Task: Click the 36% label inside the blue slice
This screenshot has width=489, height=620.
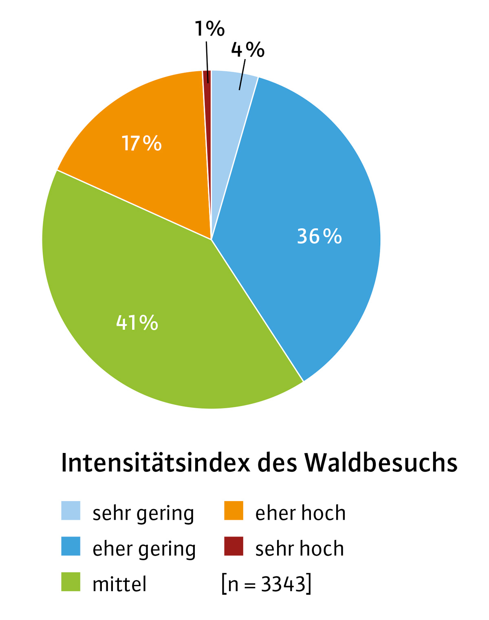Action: click(x=319, y=236)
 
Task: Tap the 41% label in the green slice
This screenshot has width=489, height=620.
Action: click(x=137, y=323)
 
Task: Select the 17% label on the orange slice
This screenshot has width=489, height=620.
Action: click(x=141, y=143)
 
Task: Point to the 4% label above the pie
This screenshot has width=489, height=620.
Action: click(x=248, y=50)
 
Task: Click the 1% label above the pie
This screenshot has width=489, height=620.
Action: click(x=209, y=29)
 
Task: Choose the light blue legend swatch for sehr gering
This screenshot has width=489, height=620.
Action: click(x=70, y=511)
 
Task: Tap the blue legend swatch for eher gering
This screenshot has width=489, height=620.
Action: click(x=70, y=546)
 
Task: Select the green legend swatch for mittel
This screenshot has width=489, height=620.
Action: click(x=70, y=582)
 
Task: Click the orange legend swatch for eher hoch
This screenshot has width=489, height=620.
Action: click(x=233, y=511)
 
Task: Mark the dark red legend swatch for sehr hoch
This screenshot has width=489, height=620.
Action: click(x=233, y=546)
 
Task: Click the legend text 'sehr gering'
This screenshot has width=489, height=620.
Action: click(x=143, y=513)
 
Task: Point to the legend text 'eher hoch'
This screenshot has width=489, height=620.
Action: click(x=300, y=513)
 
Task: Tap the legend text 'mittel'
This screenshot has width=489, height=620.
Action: click(x=119, y=584)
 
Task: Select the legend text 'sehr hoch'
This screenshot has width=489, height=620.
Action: click(x=300, y=548)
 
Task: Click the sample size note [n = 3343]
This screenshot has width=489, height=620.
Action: click(x=267, y=584)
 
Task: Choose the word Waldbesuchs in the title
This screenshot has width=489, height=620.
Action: click(x=381, y=463)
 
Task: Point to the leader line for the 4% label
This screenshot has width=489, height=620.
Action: click(x=242, y=75)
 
